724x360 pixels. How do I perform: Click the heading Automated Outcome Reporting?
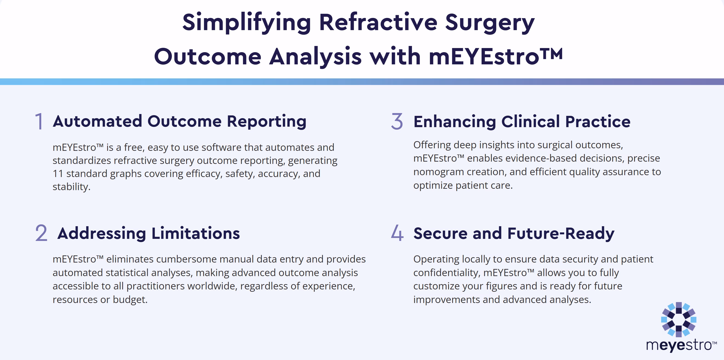pos(180,122)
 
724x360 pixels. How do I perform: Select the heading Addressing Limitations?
pos(149,233)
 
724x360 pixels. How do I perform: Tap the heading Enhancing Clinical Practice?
pos(522,122)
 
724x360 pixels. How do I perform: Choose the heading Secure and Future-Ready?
pos(514,233)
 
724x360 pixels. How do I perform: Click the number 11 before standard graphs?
pos(58,174)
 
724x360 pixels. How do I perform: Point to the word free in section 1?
pos(134,147)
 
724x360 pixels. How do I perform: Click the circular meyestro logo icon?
pos(679,320)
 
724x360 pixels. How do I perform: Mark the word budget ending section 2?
pos(130,300)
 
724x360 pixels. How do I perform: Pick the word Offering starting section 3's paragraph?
pos(432,145)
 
